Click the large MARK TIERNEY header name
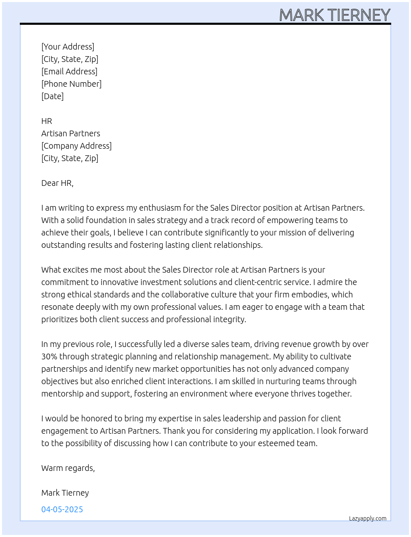tap(335, 15)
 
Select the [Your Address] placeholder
tap(68, 47)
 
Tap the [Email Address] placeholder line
tap(69, 71)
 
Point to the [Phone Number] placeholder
tap(71, 84)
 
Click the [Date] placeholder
tap(52, 96)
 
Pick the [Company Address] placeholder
tap(76, 146)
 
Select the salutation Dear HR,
tap(57, 183)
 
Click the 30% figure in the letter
tap(49, 356)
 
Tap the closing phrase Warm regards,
tap(68, 468)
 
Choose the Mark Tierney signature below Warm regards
tap(65, 493)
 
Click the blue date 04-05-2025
tap(62, 509)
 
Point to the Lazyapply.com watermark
tap(368, 518)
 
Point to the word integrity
tap(229, 319)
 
